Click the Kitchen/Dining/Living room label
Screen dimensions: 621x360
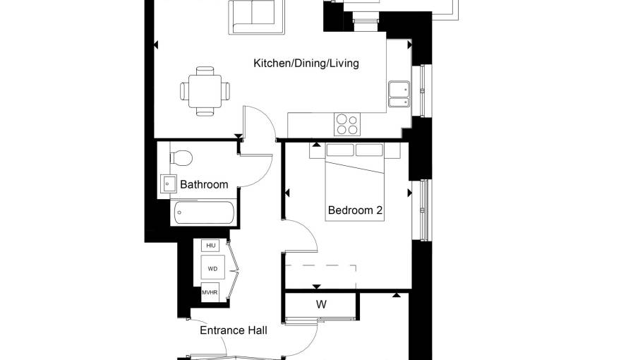[x=306, y=64]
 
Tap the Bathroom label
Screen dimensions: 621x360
[x=204, y=184]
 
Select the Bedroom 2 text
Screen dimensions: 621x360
[x=355, y=210]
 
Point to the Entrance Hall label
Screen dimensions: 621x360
[x=234, y=330]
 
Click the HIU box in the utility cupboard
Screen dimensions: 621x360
[x=210, y=246]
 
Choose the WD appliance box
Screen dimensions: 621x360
[x=212, y=268]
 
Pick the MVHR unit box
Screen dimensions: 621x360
[x=210, y=293]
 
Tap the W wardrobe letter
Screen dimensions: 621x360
[x=321, y=304]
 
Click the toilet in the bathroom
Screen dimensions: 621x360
[x=181, y=158]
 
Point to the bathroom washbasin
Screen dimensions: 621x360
[x=169, y=184]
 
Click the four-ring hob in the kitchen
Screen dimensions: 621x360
[x=347, y=125]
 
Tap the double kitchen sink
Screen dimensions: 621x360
[x=399, y=95]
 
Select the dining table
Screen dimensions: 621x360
[x=205, y=91]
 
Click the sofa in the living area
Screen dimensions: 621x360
[x=256, y=17]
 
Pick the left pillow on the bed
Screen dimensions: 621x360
[x=340, y=150]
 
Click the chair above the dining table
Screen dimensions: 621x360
[x=205, y=71]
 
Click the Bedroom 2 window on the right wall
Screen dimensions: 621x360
[x=422, y=210]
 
